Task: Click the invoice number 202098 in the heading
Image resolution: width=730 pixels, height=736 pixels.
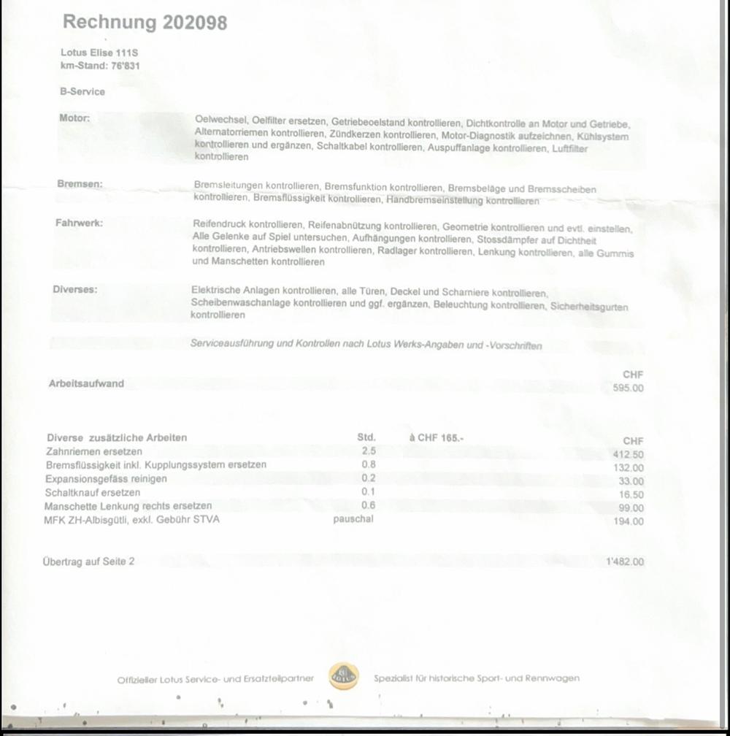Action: [x=195, y=23]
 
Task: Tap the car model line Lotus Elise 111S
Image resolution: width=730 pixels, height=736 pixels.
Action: [x=99, y=53]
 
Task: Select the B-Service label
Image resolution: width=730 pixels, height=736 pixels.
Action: [x=82, y=92]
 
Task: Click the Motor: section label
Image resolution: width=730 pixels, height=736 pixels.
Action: [x=74, y=118]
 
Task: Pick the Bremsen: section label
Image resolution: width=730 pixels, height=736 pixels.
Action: [x=80, y=184]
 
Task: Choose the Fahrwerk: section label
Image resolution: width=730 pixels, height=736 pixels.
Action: [x=79, y=223]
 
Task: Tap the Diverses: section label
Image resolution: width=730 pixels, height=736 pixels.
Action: [x=74, y=289]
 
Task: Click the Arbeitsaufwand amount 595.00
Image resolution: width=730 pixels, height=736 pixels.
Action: [x=628, y=388]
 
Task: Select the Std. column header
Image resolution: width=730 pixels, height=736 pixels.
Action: [x=366, y=437]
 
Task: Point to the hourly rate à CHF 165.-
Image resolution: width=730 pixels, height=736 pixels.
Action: [x=437, y=437]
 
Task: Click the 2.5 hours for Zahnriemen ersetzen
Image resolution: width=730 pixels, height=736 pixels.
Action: [x=369, y=451]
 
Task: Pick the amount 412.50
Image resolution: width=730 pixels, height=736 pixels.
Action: [x=628, y=454]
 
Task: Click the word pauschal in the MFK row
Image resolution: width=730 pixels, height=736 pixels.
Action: [x=353, y=518]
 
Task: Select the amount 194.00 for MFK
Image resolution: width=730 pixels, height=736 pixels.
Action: [x=629, y=521]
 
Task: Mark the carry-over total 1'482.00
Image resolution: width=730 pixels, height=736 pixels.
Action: [x=625, y=561]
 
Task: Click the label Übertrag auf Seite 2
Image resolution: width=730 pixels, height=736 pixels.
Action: [x=88, y=561]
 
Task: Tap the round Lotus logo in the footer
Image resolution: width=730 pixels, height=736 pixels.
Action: [x=343, y=677]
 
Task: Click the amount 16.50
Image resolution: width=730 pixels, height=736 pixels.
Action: [x=631, y=494]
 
